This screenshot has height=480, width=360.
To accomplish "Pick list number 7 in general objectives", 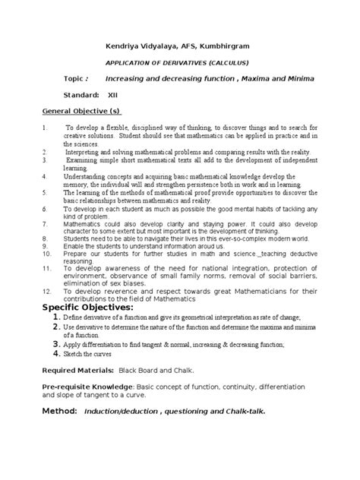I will pos(45,225).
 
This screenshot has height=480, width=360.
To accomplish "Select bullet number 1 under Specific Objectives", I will pos(55,315).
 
